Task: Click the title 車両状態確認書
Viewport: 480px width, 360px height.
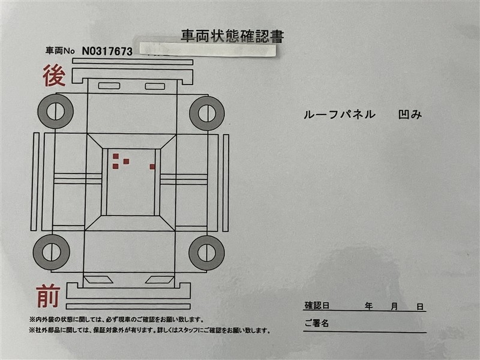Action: tap(232, 36)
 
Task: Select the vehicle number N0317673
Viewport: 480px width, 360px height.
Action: tap(107, 52)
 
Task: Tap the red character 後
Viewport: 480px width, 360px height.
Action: tap(54, 76)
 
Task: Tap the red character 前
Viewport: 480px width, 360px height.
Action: tap(48, 295)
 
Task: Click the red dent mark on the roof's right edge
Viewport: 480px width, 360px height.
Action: tap(152, 167)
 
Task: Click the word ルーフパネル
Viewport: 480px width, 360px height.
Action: tap(339, 115)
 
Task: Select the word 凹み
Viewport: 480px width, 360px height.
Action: tap(410, 115)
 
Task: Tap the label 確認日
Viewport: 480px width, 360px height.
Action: tap(317, 305)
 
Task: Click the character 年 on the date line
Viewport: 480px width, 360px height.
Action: tap(368, 306)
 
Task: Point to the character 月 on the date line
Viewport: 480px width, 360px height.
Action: tap(394, 306)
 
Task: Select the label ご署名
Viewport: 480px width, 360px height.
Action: tap(317, 323)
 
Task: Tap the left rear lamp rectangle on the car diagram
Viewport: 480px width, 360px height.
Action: tap(109, 86)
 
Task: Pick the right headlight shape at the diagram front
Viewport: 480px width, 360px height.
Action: tap(160, 280)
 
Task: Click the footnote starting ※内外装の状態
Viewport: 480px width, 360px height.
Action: tap(116, 320)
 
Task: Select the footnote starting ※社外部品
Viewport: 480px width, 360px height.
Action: tap(149, 331)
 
